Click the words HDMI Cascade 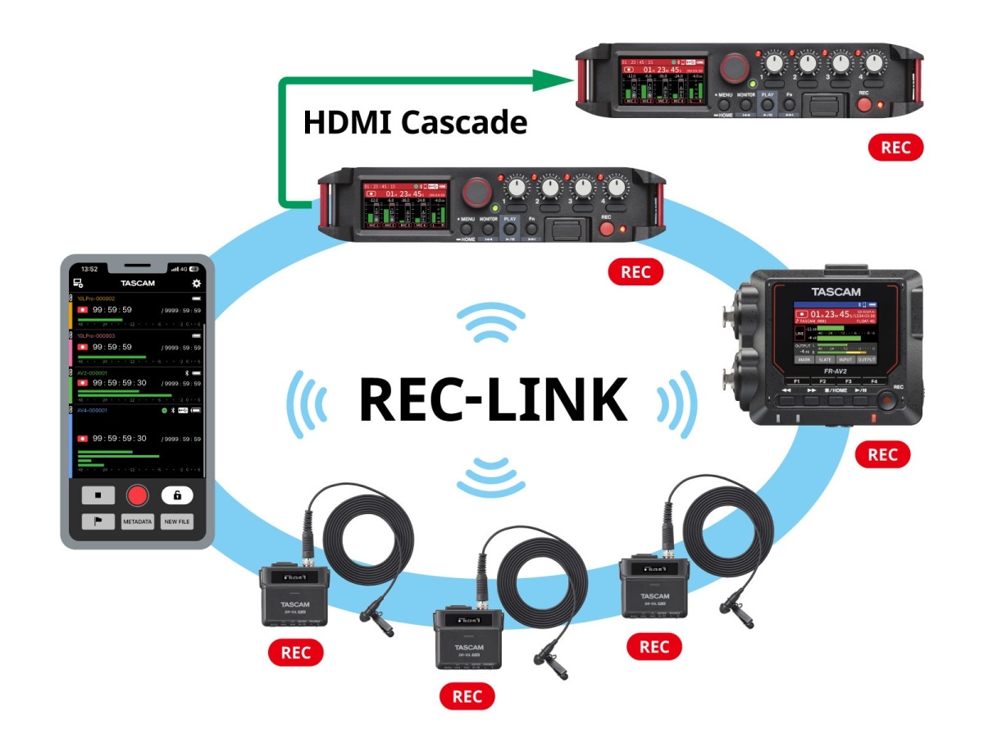click(x=415, y=122)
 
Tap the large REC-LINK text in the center click(x=493, y=400)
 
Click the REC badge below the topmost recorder click(x=896, y=148)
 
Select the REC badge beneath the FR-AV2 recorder click(x=882, y=454)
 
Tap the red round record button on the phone click(x=137, y=495)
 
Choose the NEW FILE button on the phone click(x=176, y=522)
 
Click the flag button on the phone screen click(x=98, y=522)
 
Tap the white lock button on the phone click(x=176, y=495)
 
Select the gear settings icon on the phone click(x=196, y=284)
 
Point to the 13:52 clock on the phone click(x=89, y=269)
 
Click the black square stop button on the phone click(x=98, y=495)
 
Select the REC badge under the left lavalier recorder click(x=295, y=653)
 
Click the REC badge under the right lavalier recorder click(x=654, y=647)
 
